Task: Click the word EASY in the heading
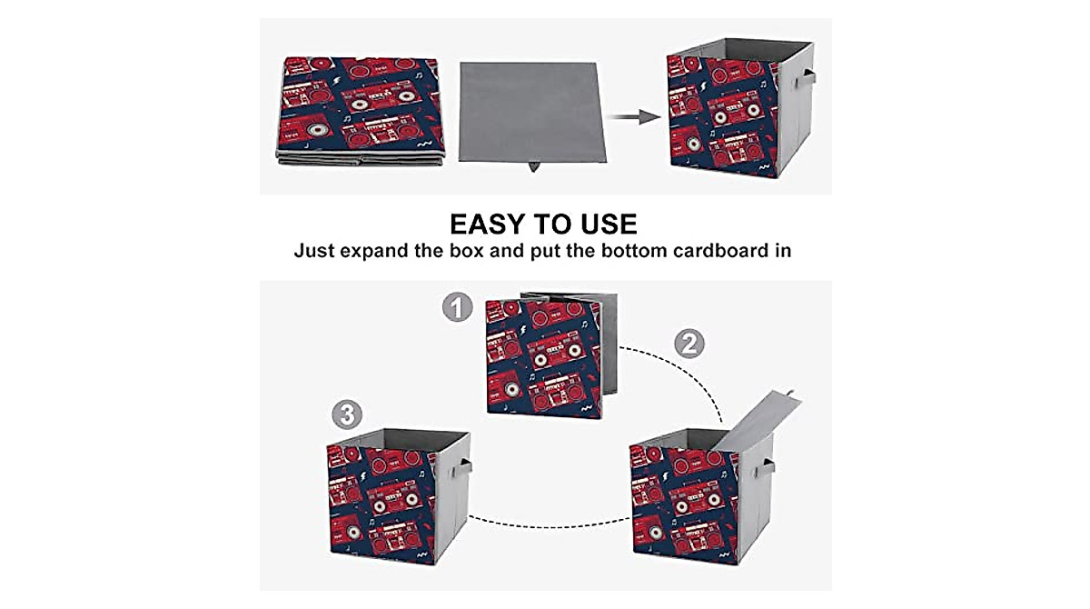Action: tap(488, 224)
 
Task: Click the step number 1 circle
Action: tap(458, 307)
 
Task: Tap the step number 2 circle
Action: tap(689, 344)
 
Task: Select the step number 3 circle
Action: tap(347, 414)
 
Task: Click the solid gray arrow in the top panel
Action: tap(635, 117)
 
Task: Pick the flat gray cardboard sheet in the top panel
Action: tap(532, 112)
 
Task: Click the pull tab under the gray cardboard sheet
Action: tap(534, 166)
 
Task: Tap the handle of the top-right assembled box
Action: tap(807, 78)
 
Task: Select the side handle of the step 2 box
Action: tap(766, 468)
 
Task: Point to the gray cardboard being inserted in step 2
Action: tap(759, 419)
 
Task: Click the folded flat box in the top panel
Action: tap(360, 111)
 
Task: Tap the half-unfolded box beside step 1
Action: tap(551, 356)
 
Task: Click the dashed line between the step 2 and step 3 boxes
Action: tap(549, 525)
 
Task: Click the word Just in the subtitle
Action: tap(312, 251)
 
